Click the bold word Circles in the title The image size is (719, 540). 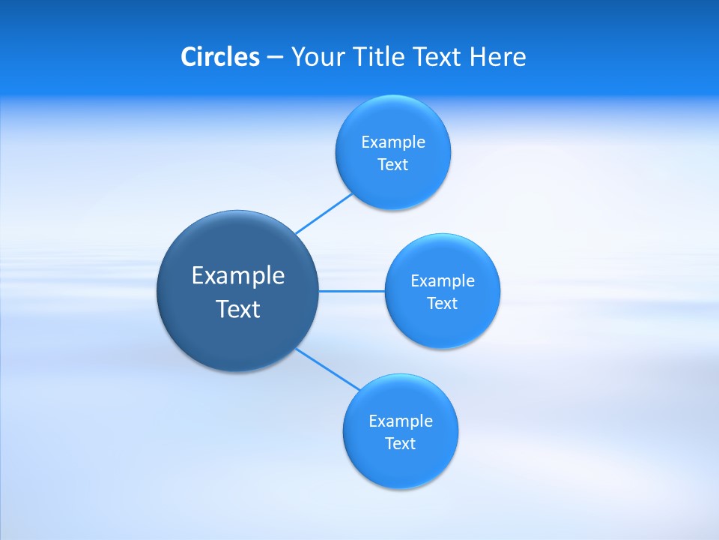pyautogui.click(x=219, y=57)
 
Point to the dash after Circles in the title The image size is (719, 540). pyautogui.click(x=275, y=58)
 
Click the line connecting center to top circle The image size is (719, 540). pyautogui.click(x=324, y=214)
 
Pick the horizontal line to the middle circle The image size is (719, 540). pyautogui.click(x=352, y=291)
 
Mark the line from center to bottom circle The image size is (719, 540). pyautogui.click(x=328, y=369)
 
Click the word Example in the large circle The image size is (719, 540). pyautogui.click(x=238, y=276)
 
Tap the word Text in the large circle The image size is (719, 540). pyautogui.click(x=238, y=309)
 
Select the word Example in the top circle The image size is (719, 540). pyautogui.click(x=393, y=142)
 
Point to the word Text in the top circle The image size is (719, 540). pyautogui.click(x=393, y=165)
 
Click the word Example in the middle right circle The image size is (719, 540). pyautogui.click(x=443, y=281)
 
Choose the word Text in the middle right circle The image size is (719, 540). pyautogui.click(x=443, y=304)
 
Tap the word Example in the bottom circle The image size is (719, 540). pyautogui.click(x=401, y=421)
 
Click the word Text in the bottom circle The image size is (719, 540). pyautogui.click(x=401, y=444)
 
